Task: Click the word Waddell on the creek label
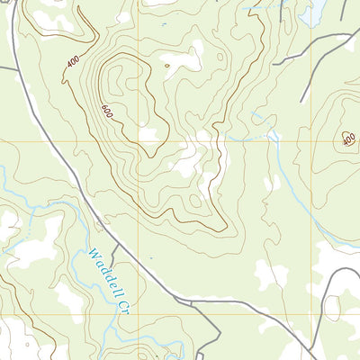pyautogui.click(x=105, y=268)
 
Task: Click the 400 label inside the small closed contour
pyautogui.click(x=348, y=139)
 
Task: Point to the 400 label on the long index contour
pyautogui.click(x=72, y=62)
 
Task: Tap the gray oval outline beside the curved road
pyautogui.click(x=332, y=308)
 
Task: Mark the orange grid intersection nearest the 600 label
pyautogui.click(x=138, y=140)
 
